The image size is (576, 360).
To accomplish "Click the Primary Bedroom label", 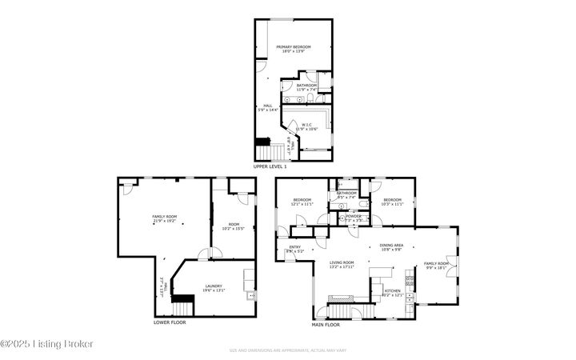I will pyautogui.click(x=294, y=47).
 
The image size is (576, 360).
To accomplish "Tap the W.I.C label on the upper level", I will pyautogui.click(x=306, y=124).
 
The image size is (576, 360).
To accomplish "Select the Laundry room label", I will pyautogui.click(x=213, y=286).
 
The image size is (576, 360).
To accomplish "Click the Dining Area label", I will pyautogui.click(x=391, y=246).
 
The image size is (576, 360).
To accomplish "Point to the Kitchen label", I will pyautogui.click(x=392, y=291).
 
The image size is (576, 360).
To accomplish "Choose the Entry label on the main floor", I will pyautogui.click(x=294, y=247).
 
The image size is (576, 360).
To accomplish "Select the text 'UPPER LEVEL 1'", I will pyautogui.click(x=270, y=166).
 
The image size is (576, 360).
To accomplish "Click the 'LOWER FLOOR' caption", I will pyautogui.click(x=170, y=322).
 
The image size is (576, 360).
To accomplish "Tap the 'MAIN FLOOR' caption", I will pyautogui.click(x=326, y=326).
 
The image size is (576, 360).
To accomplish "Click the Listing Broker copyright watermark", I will pyautogui.click(x=47, y=343).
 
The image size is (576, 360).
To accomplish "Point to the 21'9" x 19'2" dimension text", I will pyautogui.click(x=164, y=221).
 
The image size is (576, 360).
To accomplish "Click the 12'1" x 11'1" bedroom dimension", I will pyautogui.click(x=302, y=204).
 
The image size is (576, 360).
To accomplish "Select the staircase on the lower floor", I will pyautogui.click(x=184, y=305).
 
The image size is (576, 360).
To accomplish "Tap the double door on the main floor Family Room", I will pyautogui.click(x=457, y=266).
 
